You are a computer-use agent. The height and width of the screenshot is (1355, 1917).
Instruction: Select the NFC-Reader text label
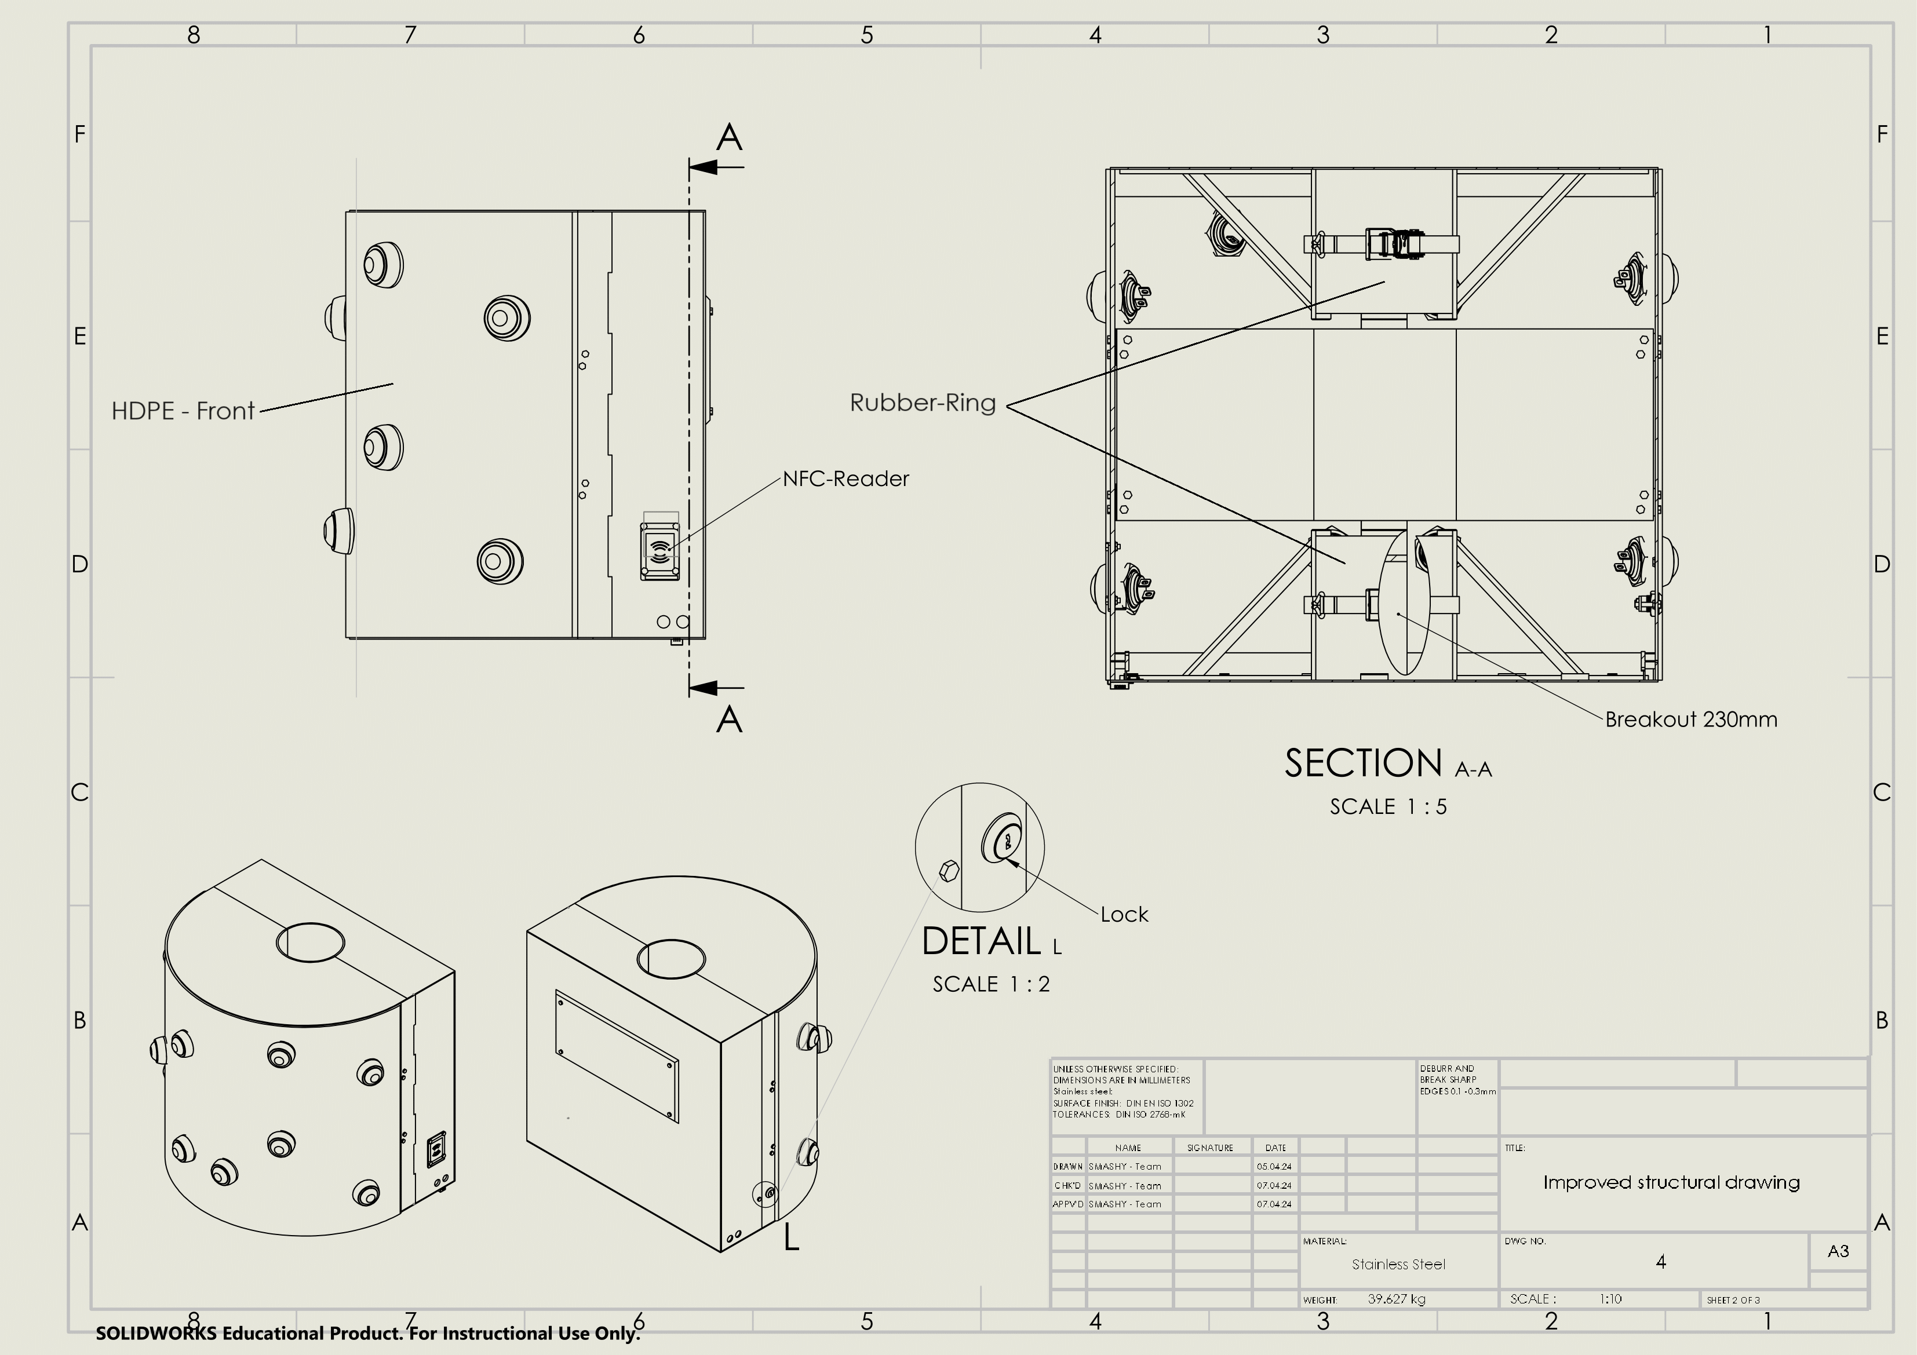click(845, 479)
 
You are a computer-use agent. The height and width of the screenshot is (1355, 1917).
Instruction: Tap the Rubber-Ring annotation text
click(923, 403)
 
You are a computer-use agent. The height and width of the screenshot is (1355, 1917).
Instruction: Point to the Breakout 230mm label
click(1691, 719)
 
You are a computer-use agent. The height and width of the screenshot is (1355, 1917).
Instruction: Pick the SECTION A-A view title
click(1388, 764)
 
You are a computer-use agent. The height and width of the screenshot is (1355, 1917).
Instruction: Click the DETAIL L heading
click(991, 942)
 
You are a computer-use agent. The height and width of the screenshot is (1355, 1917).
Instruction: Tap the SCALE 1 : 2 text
click(991, 984)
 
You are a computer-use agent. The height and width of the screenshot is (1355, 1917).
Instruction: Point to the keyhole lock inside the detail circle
click(1004, 839)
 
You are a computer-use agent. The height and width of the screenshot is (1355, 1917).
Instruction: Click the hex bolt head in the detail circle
click(949, 871)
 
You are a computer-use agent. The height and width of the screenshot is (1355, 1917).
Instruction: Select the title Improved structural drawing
click(1671, 1182)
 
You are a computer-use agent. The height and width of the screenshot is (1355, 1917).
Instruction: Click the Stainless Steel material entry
click(1398, 1265)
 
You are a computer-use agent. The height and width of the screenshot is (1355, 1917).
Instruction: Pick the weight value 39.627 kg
click(1397, 1299)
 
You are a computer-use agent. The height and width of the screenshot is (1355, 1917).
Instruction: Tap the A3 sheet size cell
click(1838, 1251)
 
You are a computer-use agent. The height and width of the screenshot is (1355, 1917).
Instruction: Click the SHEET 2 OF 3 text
click(1733, 1300)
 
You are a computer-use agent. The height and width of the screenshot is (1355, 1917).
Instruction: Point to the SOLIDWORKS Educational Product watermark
click(367, 1334)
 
